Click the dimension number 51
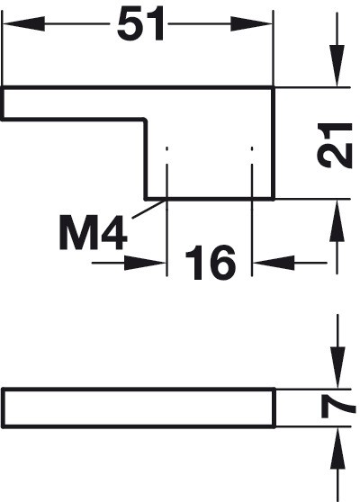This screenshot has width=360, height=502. [140, 24]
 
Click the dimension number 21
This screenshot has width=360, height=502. [335, 146]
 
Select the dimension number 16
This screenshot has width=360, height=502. [210, 263]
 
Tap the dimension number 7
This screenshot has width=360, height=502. [337, 407]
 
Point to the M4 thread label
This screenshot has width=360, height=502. [94, 232]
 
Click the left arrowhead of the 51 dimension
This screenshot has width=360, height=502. [23, 23]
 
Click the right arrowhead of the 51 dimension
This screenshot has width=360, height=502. [251, 23]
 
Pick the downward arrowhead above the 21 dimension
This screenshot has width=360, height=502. [337, 66]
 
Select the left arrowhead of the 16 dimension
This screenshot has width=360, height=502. [145, 263]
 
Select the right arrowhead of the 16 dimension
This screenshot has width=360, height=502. [274, 263]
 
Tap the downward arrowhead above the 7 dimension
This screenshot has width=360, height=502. [337, 368]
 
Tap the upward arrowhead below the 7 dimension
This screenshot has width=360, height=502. [337, 448]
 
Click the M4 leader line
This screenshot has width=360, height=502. [148, 209]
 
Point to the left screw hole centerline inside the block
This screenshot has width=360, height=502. [166, 173]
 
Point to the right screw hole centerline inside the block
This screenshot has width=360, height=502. [252, 173]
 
